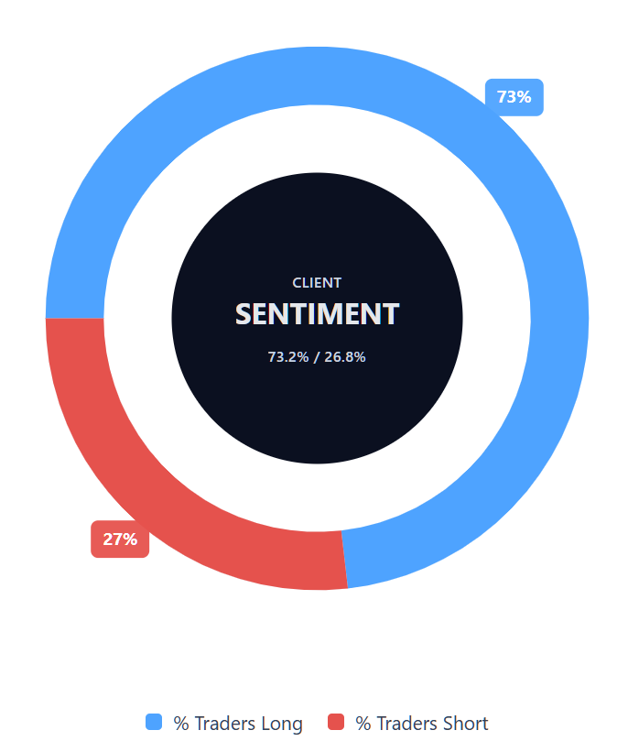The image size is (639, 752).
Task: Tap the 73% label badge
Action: [x=514, y=97]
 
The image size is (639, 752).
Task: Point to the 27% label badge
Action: [x=120, y=539]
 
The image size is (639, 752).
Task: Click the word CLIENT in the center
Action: [x=317, y=283]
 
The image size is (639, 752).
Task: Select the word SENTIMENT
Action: [x=317, y=314]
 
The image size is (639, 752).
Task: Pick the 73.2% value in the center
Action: [x=287, y=357]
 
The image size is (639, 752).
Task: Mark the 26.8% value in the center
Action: [x=345, y=357]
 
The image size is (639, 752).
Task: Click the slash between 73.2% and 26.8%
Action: [x=317, y=357]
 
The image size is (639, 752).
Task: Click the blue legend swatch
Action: [x=154, y=722]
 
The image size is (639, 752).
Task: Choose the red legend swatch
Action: [x=336, y=722]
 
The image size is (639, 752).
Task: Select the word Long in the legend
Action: [x=281, y=724]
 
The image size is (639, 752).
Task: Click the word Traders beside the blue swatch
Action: [x=223, y=724]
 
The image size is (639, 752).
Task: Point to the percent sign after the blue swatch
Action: [x=180, y=724]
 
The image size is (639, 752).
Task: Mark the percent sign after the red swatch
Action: [x=363, y=724]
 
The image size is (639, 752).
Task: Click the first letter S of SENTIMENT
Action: [x=244, y=314]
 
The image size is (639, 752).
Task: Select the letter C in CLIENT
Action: [x=297, y=283]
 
